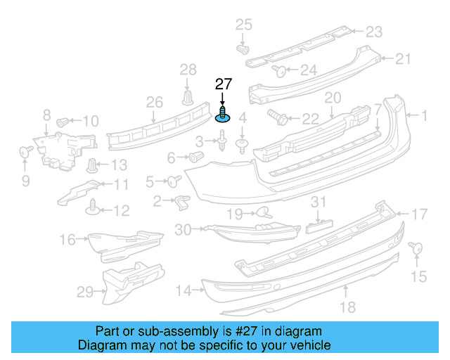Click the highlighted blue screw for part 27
[x=223, y=115]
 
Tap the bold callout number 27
[x=223, y=84]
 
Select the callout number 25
[x=243, y=26]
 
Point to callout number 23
[x=373, y=31]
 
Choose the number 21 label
[x=403, y=59]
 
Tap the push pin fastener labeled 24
[x=278, y=70]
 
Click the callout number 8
[x=46, y=115]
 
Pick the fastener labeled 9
[x=24, y=150]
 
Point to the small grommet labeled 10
[x=62, y=121]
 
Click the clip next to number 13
[x=92, y=166]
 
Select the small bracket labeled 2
[x=181, y=202]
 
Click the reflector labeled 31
[x=318, y=226]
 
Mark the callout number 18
[x=347, y=307]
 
